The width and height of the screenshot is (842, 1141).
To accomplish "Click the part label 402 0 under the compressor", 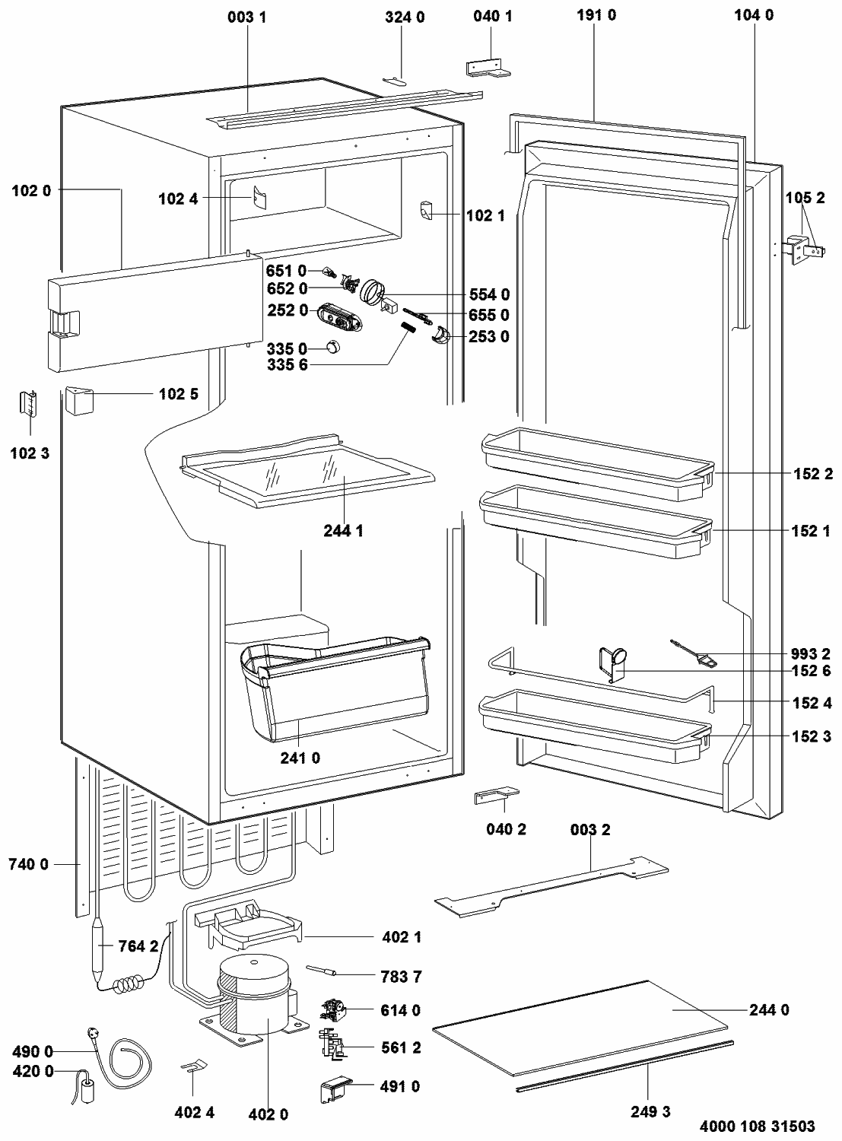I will point(268,1114).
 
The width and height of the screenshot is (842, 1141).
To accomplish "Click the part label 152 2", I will point(812,473).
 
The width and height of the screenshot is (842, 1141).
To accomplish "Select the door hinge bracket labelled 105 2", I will point(802,249).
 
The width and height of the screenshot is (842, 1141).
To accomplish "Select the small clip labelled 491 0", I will point(333,1090).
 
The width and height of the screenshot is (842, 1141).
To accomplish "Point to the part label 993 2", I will point(812,653).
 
